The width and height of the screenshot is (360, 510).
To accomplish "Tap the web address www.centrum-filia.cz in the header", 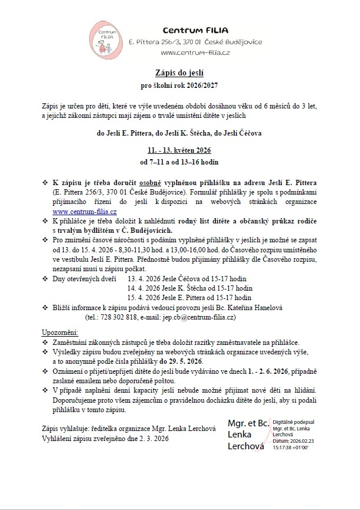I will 195,53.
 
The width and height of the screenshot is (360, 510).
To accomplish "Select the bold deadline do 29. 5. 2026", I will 180,361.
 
